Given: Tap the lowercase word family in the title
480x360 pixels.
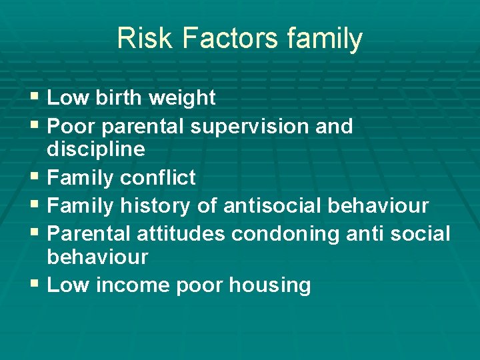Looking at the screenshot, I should (325, 39).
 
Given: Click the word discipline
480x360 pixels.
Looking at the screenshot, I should (96, 149).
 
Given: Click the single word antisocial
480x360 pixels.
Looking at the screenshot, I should (273, 206).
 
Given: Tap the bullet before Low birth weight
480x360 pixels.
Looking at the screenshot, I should (36, 98).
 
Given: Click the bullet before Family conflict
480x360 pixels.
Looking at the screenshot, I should (36, 178).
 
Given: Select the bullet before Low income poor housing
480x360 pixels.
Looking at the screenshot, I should (36, 285).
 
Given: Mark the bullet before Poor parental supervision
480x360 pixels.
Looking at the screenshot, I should (36, 126).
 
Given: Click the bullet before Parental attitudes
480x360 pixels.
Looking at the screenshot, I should (36, 234).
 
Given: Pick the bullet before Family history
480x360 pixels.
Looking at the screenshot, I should (36, 206).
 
